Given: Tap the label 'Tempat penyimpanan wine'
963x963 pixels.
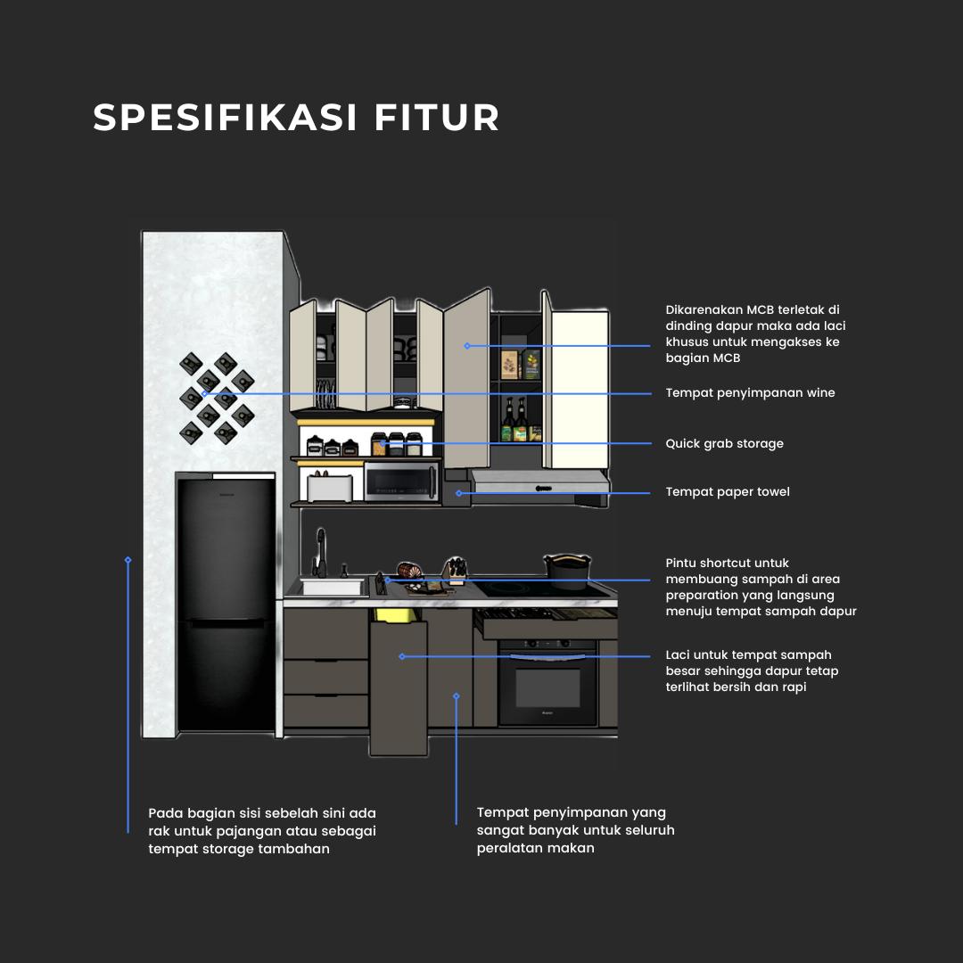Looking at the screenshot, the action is pos(750,393).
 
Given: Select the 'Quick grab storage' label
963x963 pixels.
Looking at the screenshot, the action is pos(724,444).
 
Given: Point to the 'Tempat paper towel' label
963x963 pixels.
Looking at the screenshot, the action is pos(728,492).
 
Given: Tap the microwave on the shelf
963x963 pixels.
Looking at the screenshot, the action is pos(401,482).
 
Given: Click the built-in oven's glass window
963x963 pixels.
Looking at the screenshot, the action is pos(547,688).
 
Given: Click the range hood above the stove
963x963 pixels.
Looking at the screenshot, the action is pos(539,485).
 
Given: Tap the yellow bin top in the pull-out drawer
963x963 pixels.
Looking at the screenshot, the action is pos(398,614).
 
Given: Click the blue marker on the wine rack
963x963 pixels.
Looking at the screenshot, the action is pos(204,393).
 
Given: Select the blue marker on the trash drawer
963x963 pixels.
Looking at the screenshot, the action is pos(402,656).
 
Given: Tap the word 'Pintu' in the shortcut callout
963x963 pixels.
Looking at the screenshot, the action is pos(681,564).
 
